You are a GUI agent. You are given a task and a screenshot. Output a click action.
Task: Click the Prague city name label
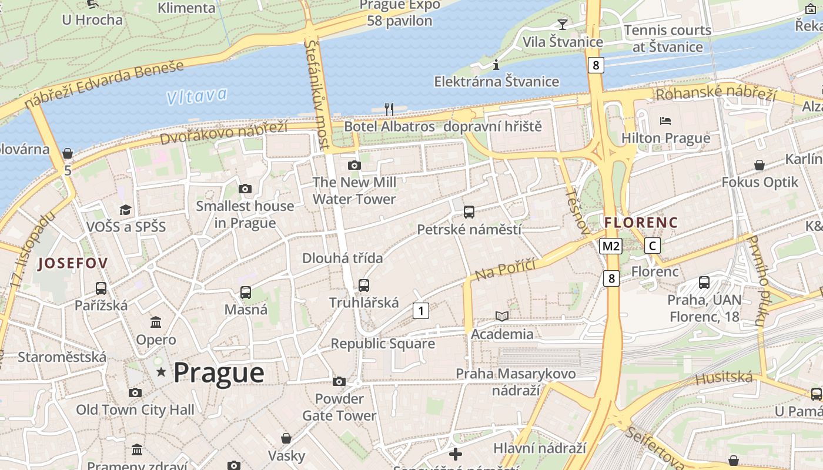click(219, 373)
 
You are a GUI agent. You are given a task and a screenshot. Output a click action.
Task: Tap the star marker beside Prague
click(161, 371)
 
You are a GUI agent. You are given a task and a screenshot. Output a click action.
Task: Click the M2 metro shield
click(610, 246)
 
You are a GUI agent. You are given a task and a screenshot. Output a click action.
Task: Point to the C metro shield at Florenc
click(652, 246)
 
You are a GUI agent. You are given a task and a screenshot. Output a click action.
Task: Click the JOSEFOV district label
click(73, 263)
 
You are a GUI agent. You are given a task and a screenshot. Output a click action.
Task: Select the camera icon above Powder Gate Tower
click(339, 382)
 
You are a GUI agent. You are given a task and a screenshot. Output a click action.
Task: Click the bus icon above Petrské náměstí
click(469, 212)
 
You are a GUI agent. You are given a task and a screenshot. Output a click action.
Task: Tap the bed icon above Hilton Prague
click(665, 121)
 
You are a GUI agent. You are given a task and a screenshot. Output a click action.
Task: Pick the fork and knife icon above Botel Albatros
click(389, 109)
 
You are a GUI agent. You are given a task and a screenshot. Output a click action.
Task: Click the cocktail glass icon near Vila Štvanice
click(563, 24)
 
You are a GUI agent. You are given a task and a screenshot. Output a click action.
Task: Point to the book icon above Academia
click(502, 317)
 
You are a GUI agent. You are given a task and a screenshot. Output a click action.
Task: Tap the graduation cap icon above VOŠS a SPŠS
click(125, 210)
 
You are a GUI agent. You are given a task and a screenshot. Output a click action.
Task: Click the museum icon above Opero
click(156, 322)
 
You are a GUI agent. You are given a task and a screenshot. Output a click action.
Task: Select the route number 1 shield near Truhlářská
click(420, 310)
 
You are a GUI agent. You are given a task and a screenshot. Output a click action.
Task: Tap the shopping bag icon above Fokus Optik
click(760, 165)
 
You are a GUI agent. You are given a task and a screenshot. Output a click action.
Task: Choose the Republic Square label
click(383, 344)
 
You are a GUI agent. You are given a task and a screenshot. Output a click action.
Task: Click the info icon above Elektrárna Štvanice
click(496, 64)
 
